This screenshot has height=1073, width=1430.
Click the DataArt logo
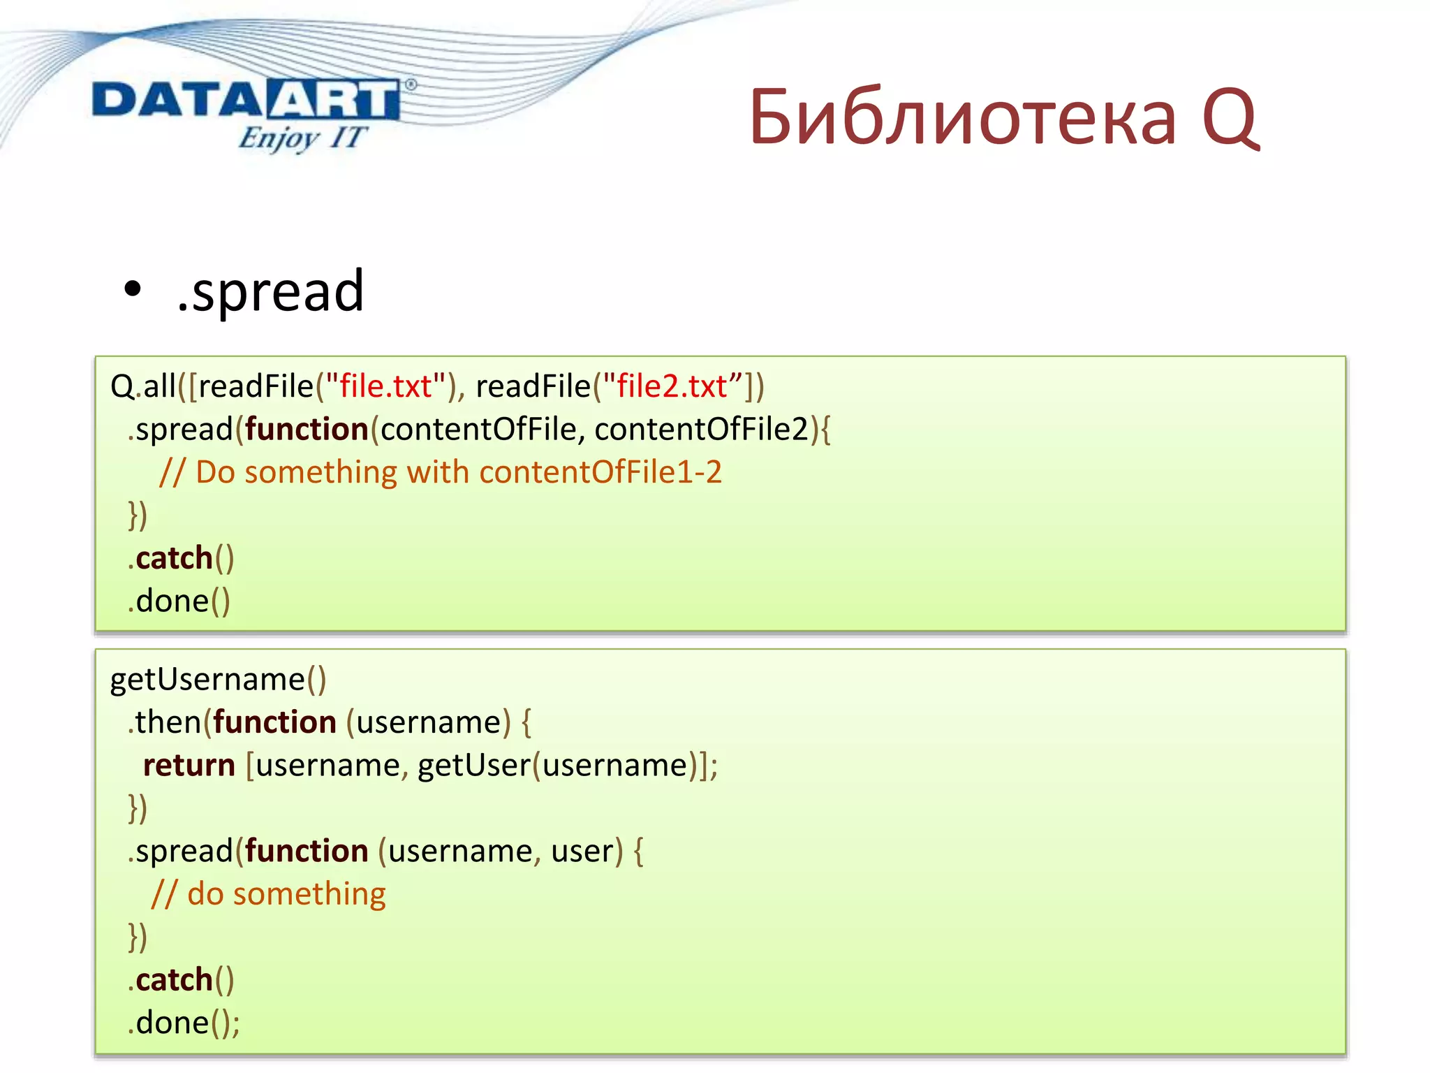246,100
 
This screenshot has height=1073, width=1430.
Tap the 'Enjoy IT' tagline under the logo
302,138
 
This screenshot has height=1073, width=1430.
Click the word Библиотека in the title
962,117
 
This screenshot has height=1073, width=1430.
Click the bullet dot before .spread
132,289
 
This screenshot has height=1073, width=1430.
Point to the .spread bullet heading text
271,291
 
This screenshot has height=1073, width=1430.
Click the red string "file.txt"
385,386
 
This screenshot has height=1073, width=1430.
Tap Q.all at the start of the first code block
143,386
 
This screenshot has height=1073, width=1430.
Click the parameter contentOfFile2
701,429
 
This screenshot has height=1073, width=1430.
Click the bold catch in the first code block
174,558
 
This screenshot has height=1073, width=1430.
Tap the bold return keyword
189,765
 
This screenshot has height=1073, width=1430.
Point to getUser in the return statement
473,765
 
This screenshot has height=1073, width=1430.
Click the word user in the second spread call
582,851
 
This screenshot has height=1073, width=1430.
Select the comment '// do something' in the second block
269,894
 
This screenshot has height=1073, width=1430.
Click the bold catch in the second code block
174,980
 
